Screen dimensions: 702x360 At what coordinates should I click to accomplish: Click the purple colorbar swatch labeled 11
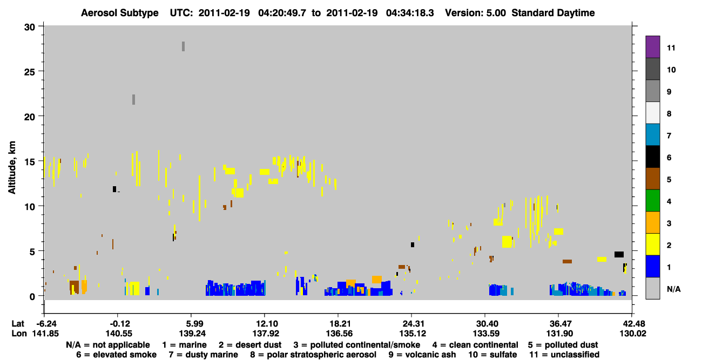click(652, 46)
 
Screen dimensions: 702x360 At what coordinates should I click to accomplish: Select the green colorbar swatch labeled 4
click(652, 201)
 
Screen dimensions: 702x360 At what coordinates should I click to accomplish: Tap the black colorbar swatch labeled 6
click(652, 157)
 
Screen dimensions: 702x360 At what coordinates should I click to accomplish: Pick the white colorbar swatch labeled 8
click(652, 113)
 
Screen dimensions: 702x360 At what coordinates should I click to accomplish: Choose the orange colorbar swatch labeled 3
click(652, 222)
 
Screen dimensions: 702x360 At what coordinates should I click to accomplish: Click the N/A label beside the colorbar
click(673, 289)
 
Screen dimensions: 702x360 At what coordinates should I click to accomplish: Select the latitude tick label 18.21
click(339, 323)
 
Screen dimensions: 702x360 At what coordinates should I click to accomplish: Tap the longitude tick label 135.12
click(413, 334)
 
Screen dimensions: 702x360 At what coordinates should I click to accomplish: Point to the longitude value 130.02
click(633, 334)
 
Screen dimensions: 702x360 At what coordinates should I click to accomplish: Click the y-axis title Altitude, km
click(12, 168)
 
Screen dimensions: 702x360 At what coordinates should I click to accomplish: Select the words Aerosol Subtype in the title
click(120, 13)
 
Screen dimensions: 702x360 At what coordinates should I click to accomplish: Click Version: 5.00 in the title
click(475, 13)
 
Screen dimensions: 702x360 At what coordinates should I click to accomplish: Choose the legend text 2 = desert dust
click(250, 345)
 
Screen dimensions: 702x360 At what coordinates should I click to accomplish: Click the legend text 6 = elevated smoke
click(116, 355)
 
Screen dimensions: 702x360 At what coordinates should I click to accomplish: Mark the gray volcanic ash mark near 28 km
click(184, 46)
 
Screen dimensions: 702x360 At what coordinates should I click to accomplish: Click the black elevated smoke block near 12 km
click(114, 189)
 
